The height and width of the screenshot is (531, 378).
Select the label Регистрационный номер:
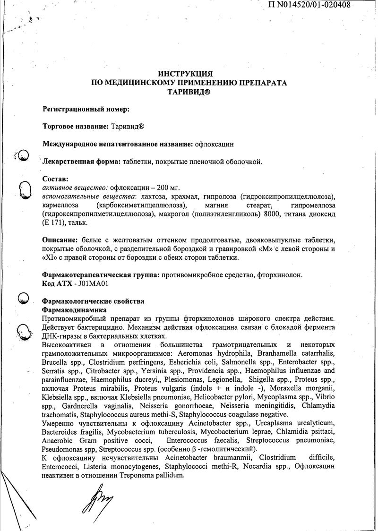(86, 109)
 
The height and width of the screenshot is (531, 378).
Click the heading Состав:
(55, 179)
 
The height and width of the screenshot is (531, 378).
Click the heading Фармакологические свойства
(93, 301)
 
